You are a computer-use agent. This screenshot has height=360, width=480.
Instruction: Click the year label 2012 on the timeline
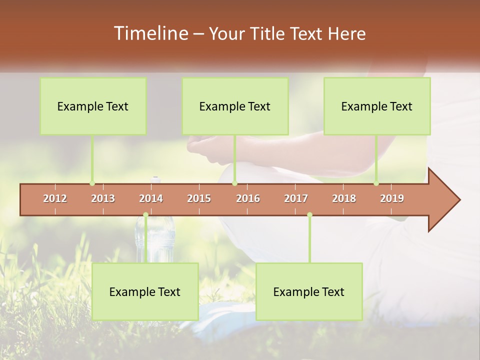tap(55, 198)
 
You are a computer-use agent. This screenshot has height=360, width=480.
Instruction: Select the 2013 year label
tap(103, 198)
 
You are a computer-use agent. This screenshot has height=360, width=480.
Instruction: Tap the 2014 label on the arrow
tap(151, 198)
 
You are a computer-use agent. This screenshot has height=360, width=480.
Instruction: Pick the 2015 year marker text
tap(199, 198)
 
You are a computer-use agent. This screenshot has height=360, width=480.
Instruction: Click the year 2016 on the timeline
tap(248, 198)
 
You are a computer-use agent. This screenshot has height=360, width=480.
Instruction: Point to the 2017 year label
tap(296, 198)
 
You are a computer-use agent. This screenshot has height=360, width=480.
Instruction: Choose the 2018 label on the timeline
tap(344, 198)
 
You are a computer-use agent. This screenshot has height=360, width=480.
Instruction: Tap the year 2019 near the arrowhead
tap(392, 198)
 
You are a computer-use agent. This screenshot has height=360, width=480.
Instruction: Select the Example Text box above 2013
tap(93, 106)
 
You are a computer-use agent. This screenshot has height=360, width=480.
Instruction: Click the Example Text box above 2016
tap(235, 106)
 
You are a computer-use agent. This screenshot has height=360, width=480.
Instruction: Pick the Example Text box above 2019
tap(377, 106)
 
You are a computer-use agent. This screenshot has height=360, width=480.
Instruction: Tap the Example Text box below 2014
tap(145, 292)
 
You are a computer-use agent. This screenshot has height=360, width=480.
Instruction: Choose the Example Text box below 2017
tap(309, 292)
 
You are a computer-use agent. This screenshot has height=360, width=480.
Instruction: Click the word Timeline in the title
tap(150, 33)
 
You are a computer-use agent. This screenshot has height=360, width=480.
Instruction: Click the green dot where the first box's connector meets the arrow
tap(92, 183)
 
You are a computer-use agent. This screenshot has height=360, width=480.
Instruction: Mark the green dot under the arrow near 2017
tap(309, 215)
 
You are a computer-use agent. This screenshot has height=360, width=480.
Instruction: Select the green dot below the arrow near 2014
tap(145, 215)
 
